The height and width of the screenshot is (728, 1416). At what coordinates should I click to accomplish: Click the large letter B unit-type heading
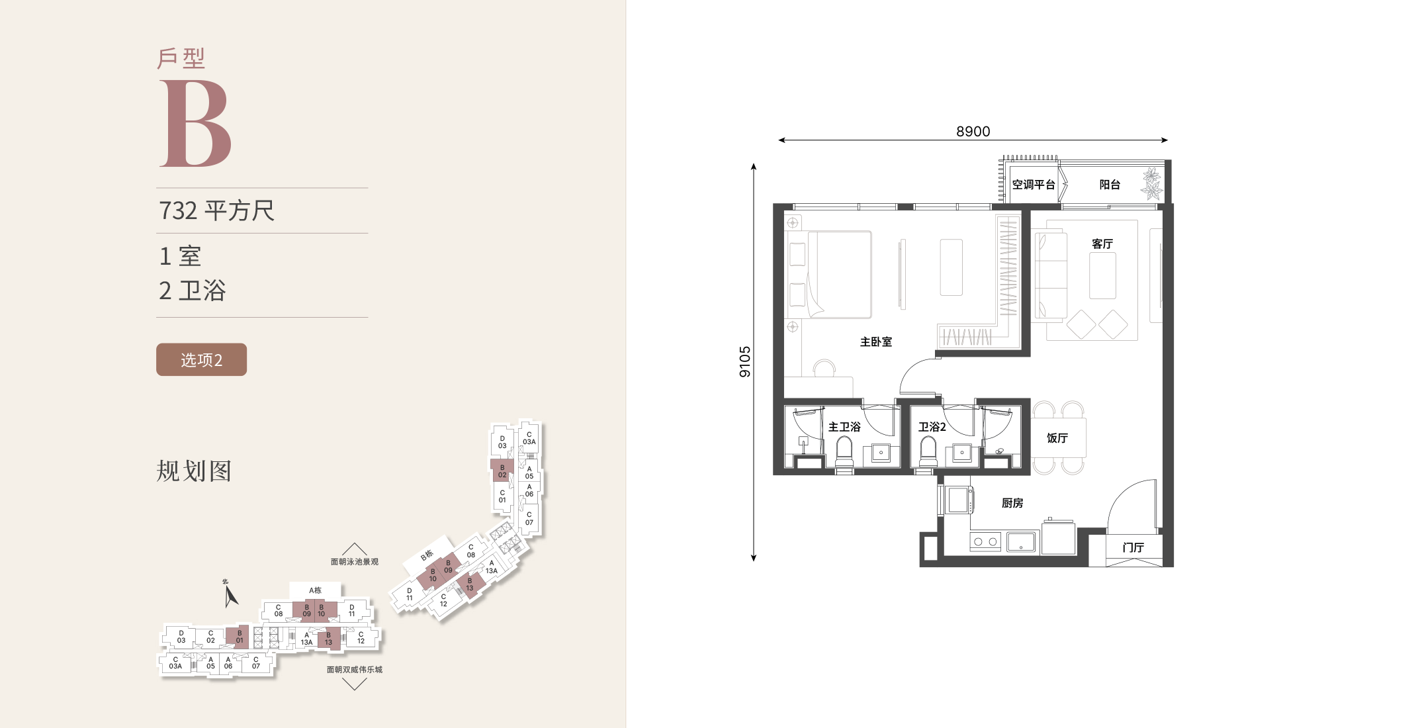pos(196,124)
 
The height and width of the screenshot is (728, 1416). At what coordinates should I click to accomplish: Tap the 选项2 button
pos(201,359)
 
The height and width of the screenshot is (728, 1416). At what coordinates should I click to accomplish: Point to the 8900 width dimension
pos(973,132)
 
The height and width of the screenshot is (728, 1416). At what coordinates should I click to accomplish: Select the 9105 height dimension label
pos(745,361)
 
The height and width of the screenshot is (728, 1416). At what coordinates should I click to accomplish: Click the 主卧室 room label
pos(876,342)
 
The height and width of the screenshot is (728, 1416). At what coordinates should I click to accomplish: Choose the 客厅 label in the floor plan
pos(1102,244)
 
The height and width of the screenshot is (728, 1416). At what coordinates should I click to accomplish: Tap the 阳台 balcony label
pos(1110,185)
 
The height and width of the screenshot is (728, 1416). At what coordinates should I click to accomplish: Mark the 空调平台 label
pos(1034,185)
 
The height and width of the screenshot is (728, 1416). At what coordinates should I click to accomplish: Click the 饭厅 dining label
pos(1057,438)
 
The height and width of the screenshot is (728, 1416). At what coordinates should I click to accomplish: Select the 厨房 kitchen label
pos(1012,503)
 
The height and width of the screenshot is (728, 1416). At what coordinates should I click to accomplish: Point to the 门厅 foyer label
pos(1133,547)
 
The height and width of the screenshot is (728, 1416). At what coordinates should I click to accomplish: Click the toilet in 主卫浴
pos(844,452)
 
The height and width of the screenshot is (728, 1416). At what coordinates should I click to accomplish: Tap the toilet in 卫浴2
pos(928,452)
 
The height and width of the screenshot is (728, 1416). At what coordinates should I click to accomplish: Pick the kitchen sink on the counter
pos(1021,542)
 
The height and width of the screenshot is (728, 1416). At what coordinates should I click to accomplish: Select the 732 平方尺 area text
pos(216,210)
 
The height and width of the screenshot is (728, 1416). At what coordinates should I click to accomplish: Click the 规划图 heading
pos(194,471)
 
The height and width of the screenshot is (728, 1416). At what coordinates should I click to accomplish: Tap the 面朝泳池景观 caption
pos(355,562)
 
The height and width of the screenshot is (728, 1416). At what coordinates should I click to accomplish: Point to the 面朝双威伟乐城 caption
pos(355,670)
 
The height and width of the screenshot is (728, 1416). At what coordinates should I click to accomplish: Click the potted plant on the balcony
pos(1152,183)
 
